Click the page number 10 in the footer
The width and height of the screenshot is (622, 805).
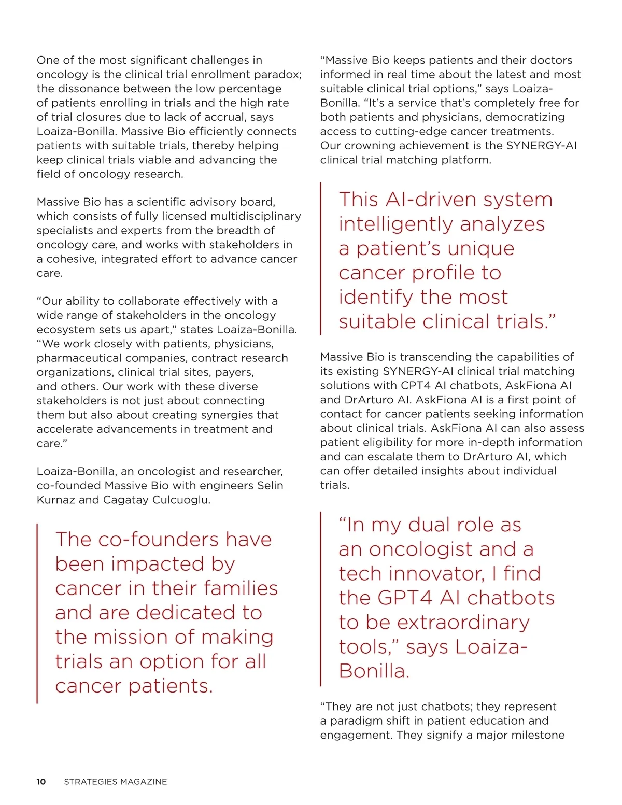pos(41,782)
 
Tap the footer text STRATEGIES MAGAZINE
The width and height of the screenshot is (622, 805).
pos(116,782)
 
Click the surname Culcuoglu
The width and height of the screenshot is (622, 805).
pos(180,500)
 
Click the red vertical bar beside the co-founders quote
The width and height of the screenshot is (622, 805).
pos(37,613)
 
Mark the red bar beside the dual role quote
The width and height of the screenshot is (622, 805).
pos(321,599)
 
